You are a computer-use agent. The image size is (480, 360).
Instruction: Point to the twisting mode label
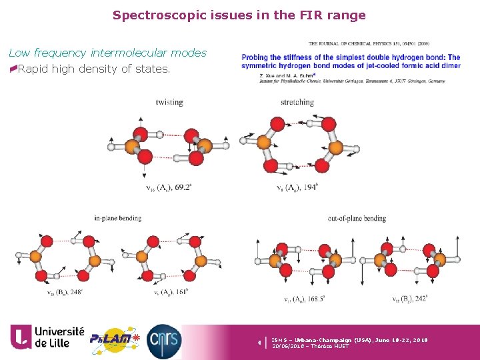169,102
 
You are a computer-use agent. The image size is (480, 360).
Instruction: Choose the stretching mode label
297,102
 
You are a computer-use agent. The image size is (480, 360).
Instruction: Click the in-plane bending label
118,218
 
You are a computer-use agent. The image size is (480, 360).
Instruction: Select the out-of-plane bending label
357,218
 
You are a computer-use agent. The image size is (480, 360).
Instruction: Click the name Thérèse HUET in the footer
331,346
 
